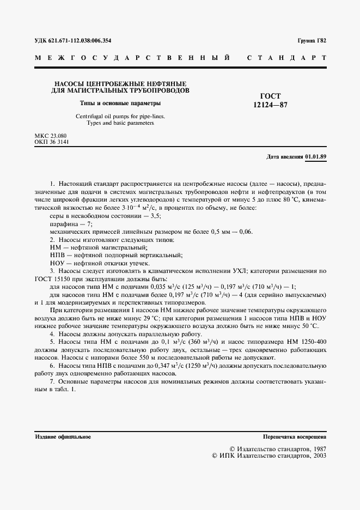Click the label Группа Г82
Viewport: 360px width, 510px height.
pos(312,41)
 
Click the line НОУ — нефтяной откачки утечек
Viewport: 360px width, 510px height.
pos(91,263)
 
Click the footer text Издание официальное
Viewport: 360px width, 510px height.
pos(63,437)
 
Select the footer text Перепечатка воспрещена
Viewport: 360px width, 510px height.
pos(294,437)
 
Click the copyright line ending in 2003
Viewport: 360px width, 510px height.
pos(269,456)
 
